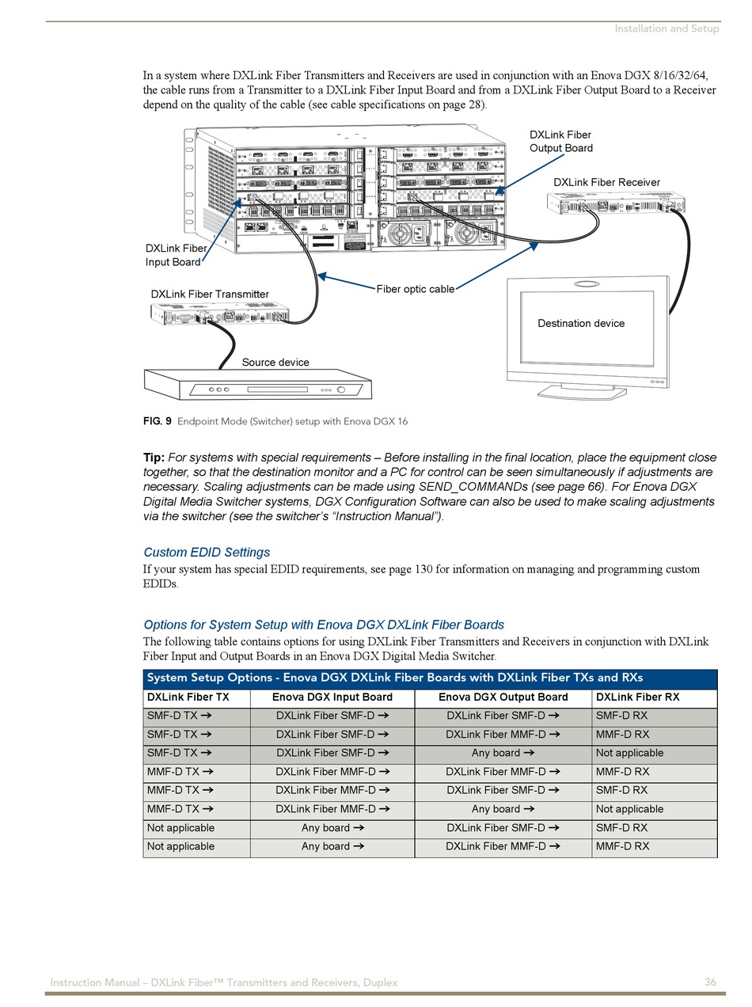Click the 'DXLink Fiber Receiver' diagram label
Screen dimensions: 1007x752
(606, 182)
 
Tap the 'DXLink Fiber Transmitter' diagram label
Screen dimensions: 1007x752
(210, 294)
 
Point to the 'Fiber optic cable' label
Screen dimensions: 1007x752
(415, 289)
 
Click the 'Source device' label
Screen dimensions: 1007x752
(275, 363)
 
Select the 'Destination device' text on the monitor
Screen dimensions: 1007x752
(581, 323)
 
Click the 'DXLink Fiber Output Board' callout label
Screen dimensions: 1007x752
(560, 142)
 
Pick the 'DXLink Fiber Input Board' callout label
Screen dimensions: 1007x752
(175, 255)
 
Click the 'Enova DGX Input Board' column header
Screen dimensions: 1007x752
(332, 697)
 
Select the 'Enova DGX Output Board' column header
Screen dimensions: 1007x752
(503, 697)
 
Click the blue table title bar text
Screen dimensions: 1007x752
(394, 678)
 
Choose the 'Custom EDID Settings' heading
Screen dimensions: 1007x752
(207, 553)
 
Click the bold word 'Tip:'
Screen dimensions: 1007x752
(154, 458)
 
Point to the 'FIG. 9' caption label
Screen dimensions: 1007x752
(157, 421)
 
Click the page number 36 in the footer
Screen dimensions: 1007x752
(710, 982)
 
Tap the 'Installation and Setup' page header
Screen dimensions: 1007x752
(667, 28)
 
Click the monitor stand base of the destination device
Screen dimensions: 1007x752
(582, 391)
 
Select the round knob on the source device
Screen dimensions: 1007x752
(342, 389)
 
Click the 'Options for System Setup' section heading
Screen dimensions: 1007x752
(323, 625)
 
